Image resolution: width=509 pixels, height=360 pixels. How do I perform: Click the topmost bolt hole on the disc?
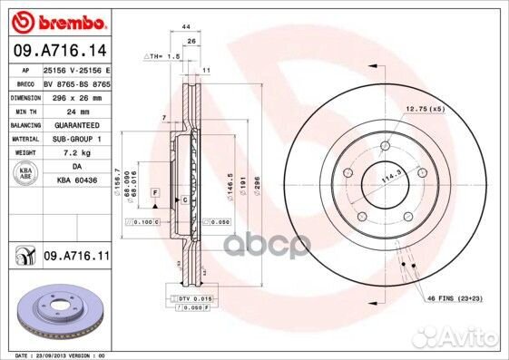pos(386,146)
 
